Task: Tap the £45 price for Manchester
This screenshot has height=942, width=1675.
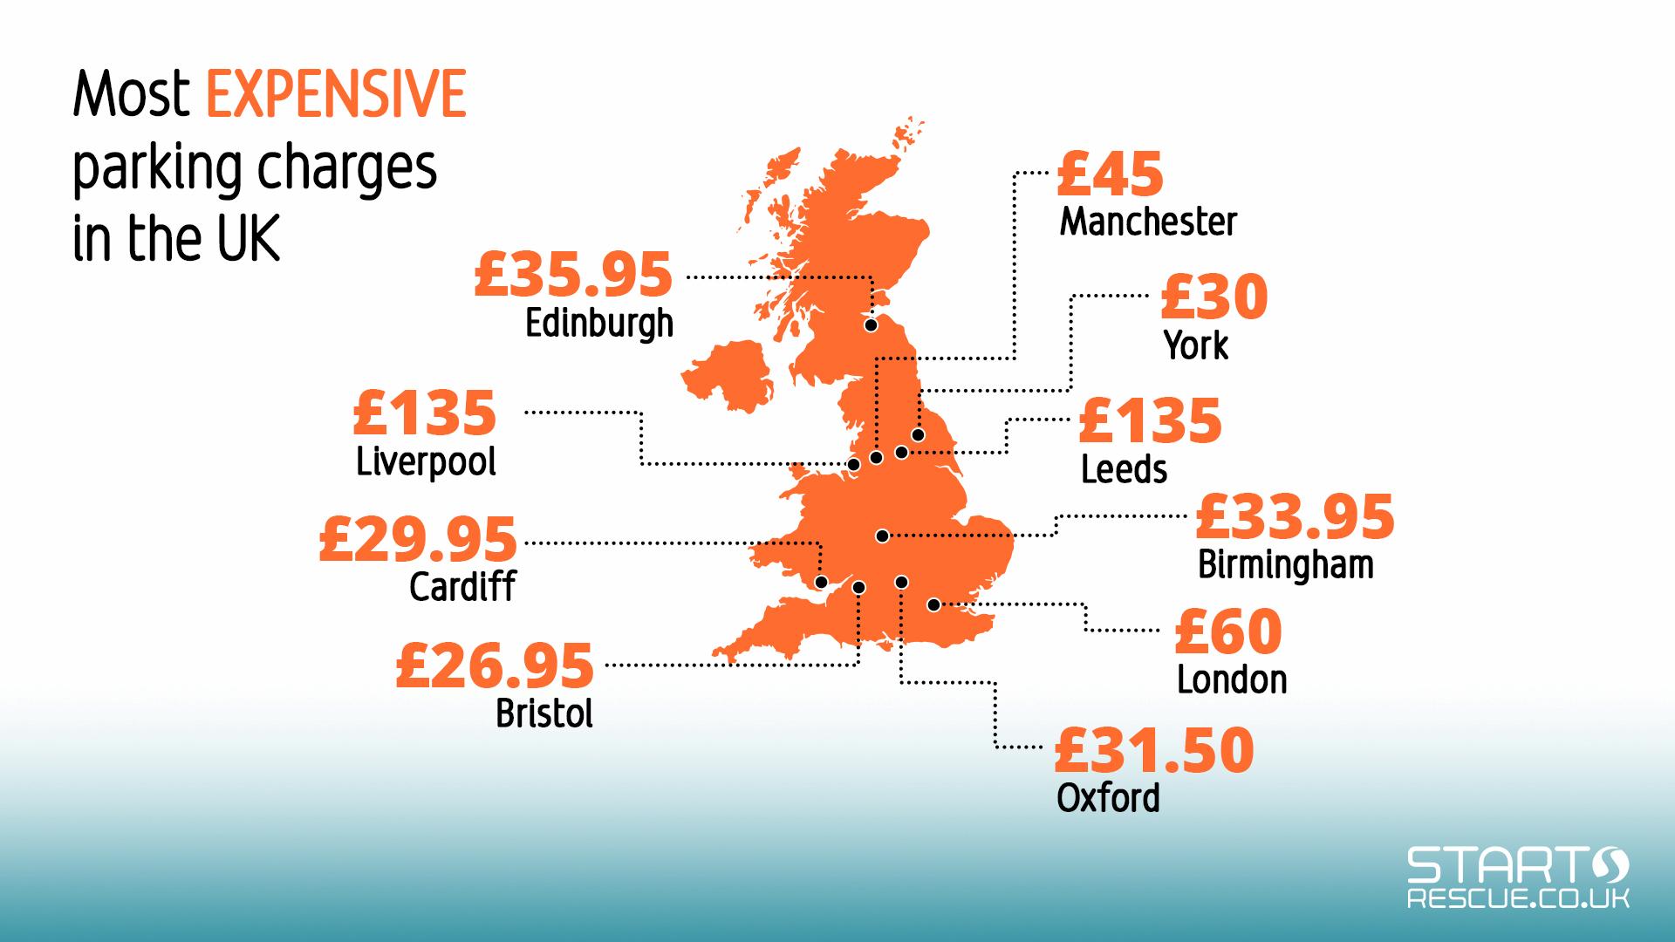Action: click(x=1110, y=174)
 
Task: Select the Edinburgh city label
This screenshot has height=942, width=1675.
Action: click(x=599, y=324)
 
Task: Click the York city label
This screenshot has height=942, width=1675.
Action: click(x=1195, y=345)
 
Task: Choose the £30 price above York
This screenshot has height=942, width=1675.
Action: click(x=1214, y=297)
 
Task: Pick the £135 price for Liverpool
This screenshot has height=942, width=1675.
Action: click(x=425, y=413)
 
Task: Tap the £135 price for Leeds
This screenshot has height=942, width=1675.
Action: click(x=1150, y=421)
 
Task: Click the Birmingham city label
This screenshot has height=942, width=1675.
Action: click(x=1285, y=564)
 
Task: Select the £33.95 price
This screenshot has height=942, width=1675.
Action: click(x=1295, y=516)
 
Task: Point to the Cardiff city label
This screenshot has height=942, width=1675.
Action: click(x=462, y=586)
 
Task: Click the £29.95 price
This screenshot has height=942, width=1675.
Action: click(x=418, y=539)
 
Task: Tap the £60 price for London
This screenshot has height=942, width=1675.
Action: click(x=1228, y=631)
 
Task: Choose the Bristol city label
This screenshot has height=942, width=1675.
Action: click(x=544, y=713)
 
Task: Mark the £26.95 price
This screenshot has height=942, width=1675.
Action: click(x=495, y=666)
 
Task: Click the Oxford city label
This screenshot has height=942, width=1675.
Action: click(x=1108, y=797)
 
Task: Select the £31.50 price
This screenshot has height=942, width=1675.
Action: click(x=1154, y=750)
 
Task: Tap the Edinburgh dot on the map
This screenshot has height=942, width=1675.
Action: click(x=871, y=325)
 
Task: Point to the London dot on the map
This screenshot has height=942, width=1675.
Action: click(x=933, y=604)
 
